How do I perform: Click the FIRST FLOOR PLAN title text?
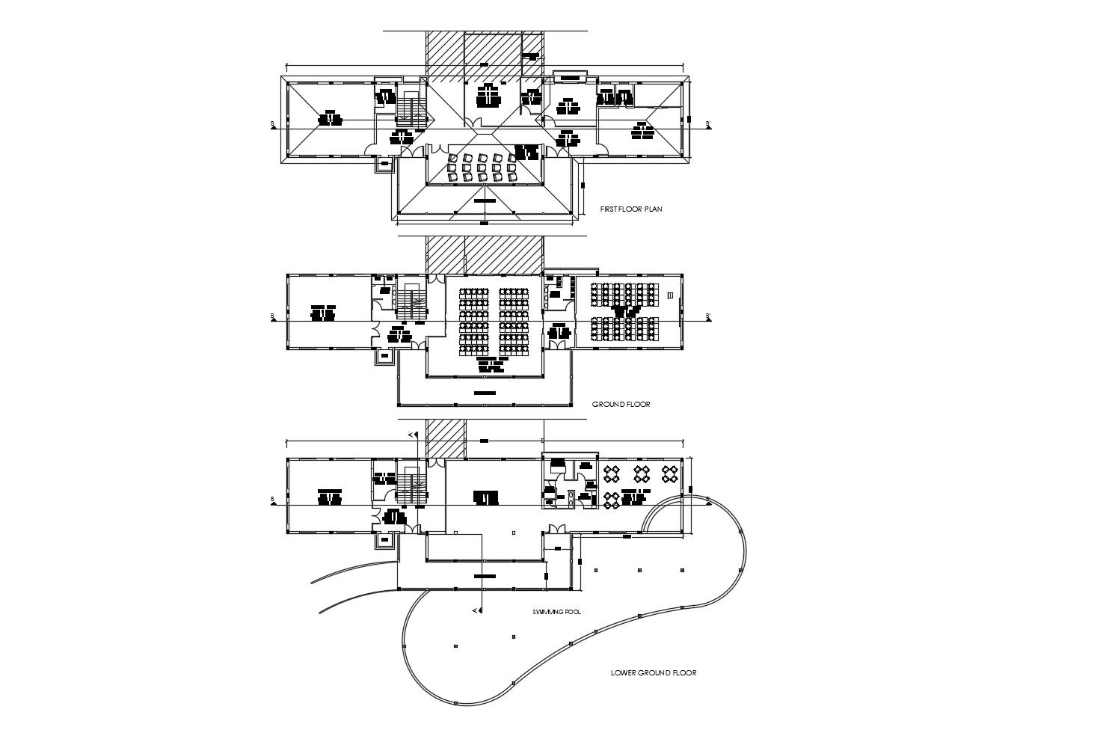pos(630,209)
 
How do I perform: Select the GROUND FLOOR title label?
pos(621,405)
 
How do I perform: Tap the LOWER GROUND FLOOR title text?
pos(653,673)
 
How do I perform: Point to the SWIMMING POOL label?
pos(556,612)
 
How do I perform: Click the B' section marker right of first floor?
pos(707,126)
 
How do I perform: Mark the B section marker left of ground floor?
pos(273,318)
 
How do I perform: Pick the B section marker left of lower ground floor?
pos(273,500)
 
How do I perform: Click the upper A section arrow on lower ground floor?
pos(411,435)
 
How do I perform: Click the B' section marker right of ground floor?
pos(707,318)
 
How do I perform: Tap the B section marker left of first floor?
pos(273,126)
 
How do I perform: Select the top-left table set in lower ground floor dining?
pos(611,473)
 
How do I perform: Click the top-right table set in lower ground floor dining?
pos(670,473)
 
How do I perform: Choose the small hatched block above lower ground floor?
pos(446,439)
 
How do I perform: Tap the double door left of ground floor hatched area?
pos(435,278)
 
